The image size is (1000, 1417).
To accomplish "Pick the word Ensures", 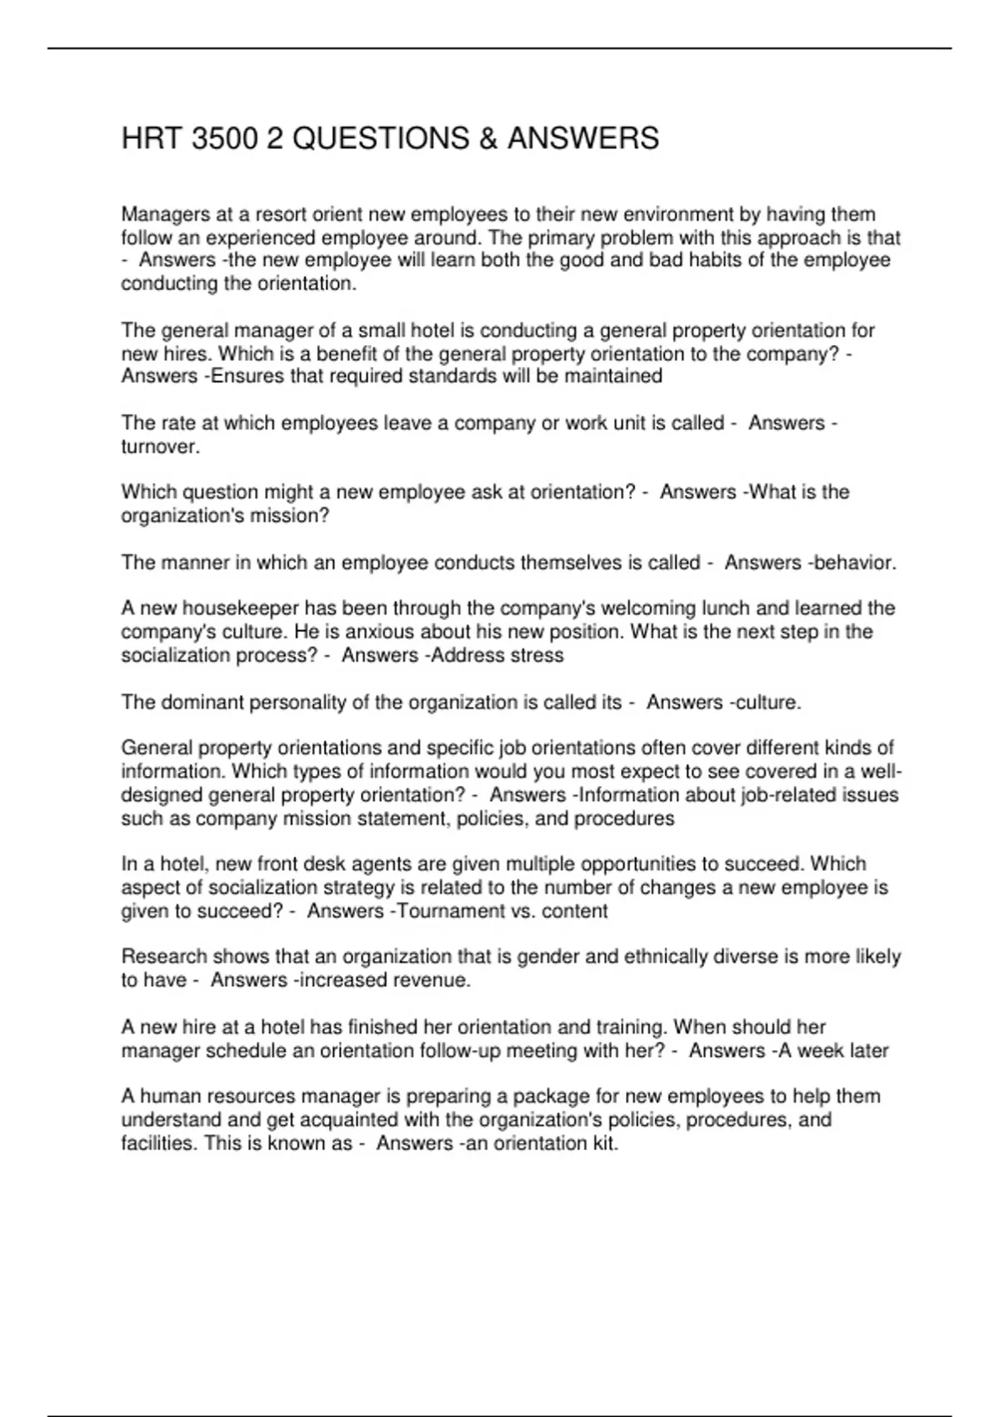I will [247, 376].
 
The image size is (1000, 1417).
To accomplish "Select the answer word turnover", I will [159, 447].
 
